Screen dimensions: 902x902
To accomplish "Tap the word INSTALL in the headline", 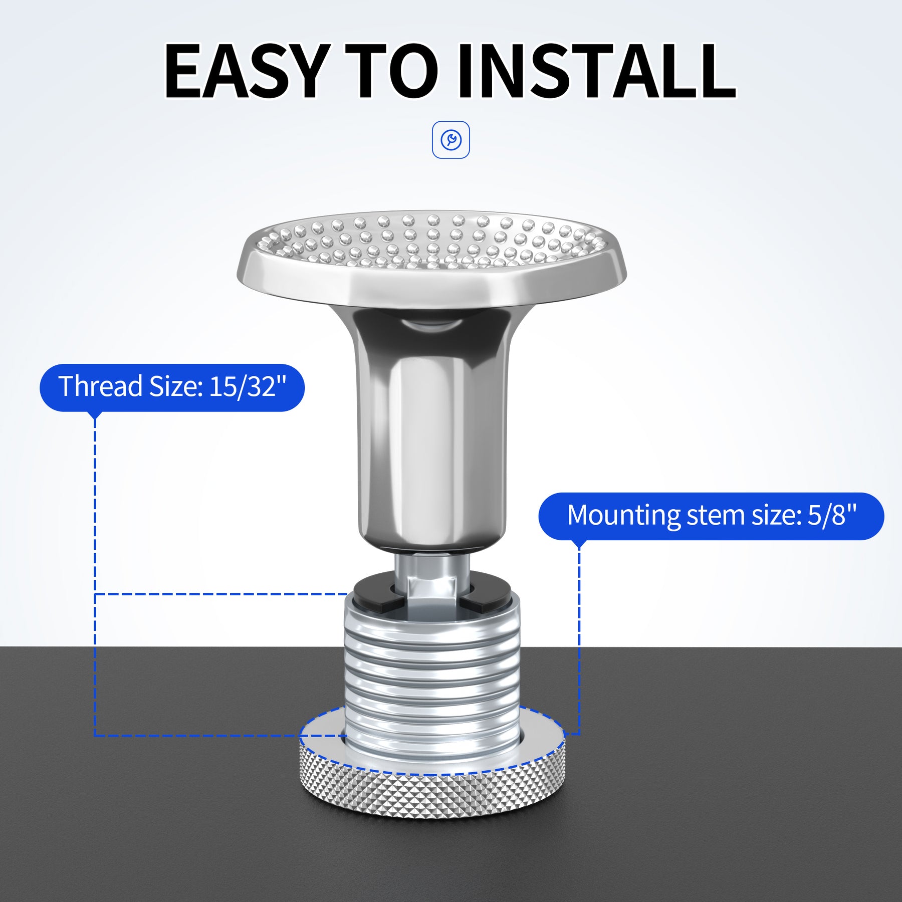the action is [596, 72].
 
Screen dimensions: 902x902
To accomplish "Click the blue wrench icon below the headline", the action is [451, 140].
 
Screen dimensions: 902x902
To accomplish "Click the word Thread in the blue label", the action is [101, 386].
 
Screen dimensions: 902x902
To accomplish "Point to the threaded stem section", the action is [432, 682].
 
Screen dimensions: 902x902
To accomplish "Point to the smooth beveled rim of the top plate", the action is [431, 286].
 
